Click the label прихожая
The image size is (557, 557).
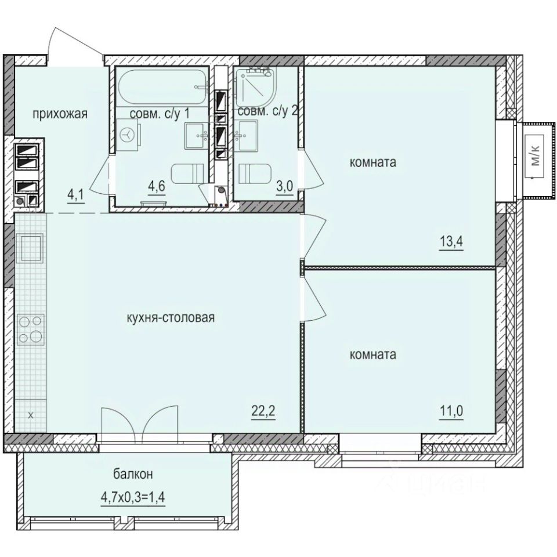click(x=59, y=114)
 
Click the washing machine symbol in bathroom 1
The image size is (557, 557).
click(x=127, y=134)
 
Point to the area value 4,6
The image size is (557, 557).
click(x=156, y=187)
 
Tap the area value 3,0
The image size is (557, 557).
click(x=284, y=187)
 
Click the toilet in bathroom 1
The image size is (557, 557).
click(x=190, y=172)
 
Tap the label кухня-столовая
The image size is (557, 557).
click(x=171, y=317)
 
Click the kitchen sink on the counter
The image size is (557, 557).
click(x=30, y=247)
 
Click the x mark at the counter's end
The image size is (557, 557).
click(x=30, y=415)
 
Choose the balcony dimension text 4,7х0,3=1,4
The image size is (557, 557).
click(x=133, y=497)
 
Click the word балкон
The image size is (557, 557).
click(x=133, y=475)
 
